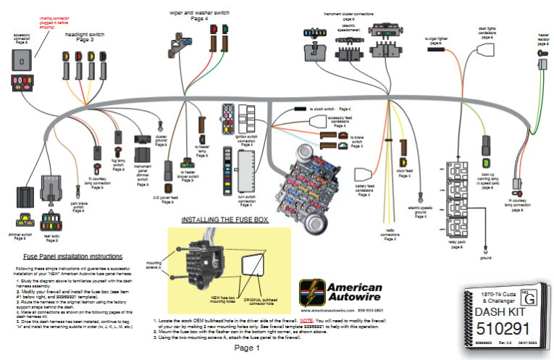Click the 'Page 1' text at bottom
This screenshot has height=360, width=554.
[x=247, y=348]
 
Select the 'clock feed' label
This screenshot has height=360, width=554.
[x=404, y=174]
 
